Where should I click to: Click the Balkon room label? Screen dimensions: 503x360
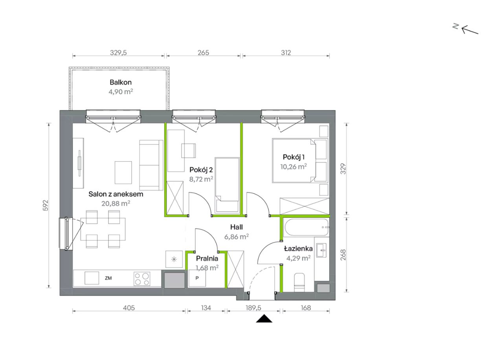(121, 82)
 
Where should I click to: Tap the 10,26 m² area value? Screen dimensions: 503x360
(294, 166)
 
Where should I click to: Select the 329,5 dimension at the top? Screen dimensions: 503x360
(118, 53)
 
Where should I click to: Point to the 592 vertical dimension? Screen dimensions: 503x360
(46, 205)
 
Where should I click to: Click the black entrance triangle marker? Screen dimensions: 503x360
(264, 319)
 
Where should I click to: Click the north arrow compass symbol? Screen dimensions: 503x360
(466, 29)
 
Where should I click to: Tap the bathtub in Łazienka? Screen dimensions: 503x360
(306, 227)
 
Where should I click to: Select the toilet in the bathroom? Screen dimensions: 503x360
(299, 283)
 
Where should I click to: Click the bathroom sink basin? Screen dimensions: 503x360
(321, 250)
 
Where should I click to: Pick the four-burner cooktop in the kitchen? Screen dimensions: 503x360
(142, 279)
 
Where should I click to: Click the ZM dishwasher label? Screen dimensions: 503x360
(108, 278)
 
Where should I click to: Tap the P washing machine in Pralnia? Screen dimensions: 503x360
(197, 278)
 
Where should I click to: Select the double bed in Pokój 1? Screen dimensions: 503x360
(300, 161)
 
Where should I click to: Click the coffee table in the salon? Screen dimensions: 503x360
(123, 173)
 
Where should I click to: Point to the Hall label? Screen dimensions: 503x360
(237, 227)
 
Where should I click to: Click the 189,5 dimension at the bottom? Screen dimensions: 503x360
(253, 308)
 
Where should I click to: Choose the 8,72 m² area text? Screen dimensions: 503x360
(201, 179)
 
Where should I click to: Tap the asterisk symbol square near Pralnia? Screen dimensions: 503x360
(174, 259)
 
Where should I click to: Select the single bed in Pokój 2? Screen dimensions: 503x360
(227, 185)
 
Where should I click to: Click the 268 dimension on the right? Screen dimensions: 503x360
(343, 255)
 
